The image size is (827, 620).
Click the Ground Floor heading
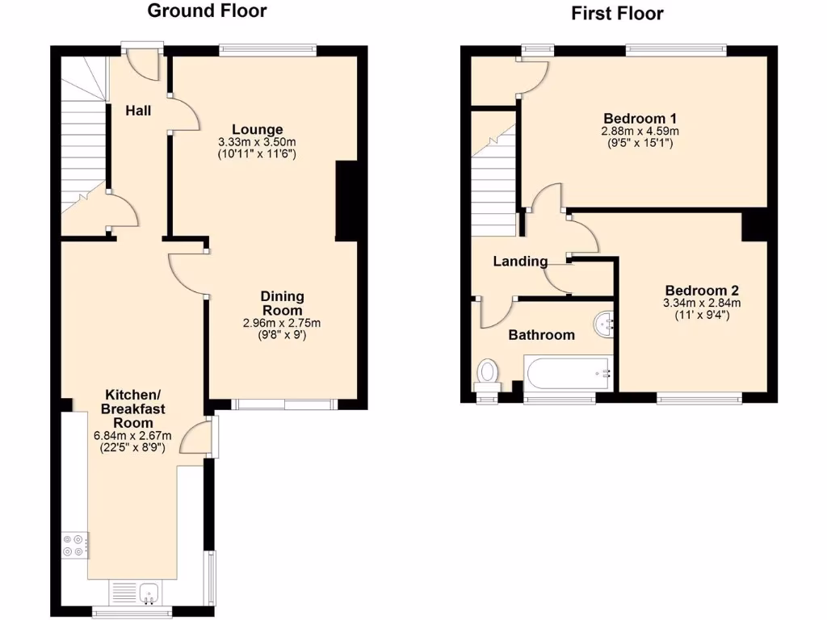pyautogui.click(x=207, y=11)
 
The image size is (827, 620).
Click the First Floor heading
pyautogui.click(x=617, y=13)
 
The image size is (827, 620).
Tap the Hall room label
pyautogui.click(x=138, y=111)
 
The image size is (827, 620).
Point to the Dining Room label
pyautogui.click(x=282, y=304)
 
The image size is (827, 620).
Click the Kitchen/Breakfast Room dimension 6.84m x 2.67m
pyautogui.click(x=133, y=436)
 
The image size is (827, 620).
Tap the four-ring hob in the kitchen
pyautogui.click(x=74, y=546)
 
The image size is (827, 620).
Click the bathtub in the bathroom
pyautogui.click(x=569, y=372)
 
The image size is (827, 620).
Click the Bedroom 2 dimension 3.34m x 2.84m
pyautogui.click(x=702, y=304)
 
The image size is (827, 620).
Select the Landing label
pyautogui.click(x=520, y=262)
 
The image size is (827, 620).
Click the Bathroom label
pyautogui.click(x=541, y=335)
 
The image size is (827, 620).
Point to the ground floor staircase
pyautogui.click(x=84, y=145)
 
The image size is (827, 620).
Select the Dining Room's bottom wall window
pyautogui.click(x=283, y=404)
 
